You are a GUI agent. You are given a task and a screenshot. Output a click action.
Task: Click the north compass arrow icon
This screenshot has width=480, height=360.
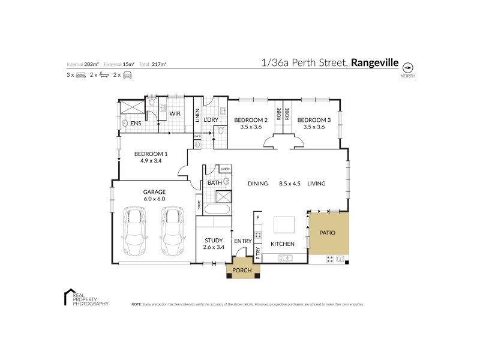408,67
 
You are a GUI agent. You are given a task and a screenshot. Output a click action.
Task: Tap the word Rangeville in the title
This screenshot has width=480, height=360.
376,61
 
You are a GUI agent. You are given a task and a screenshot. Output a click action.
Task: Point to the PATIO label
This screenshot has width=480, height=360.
327,233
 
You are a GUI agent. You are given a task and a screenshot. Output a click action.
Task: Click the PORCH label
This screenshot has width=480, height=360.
242,270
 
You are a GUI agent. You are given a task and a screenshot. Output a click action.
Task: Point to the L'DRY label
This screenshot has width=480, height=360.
211,120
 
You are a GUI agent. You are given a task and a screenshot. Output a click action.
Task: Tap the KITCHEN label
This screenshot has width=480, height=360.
282,244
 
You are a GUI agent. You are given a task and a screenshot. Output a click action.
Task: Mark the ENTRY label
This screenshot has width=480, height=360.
243,241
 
